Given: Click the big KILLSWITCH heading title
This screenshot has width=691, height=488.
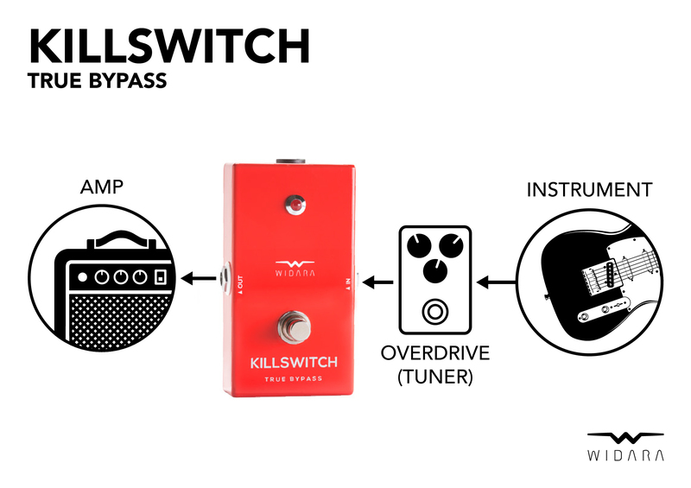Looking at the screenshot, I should (169, 45).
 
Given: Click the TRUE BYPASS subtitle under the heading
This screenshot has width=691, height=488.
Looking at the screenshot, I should (96, 84).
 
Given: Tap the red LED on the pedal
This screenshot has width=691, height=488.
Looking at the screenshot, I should (295, 206).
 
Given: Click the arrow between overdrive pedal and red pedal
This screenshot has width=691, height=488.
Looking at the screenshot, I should (377, 282).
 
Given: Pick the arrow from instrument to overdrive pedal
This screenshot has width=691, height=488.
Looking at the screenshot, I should (498, 282).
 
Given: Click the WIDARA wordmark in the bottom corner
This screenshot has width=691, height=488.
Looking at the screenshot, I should (626, 455).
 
